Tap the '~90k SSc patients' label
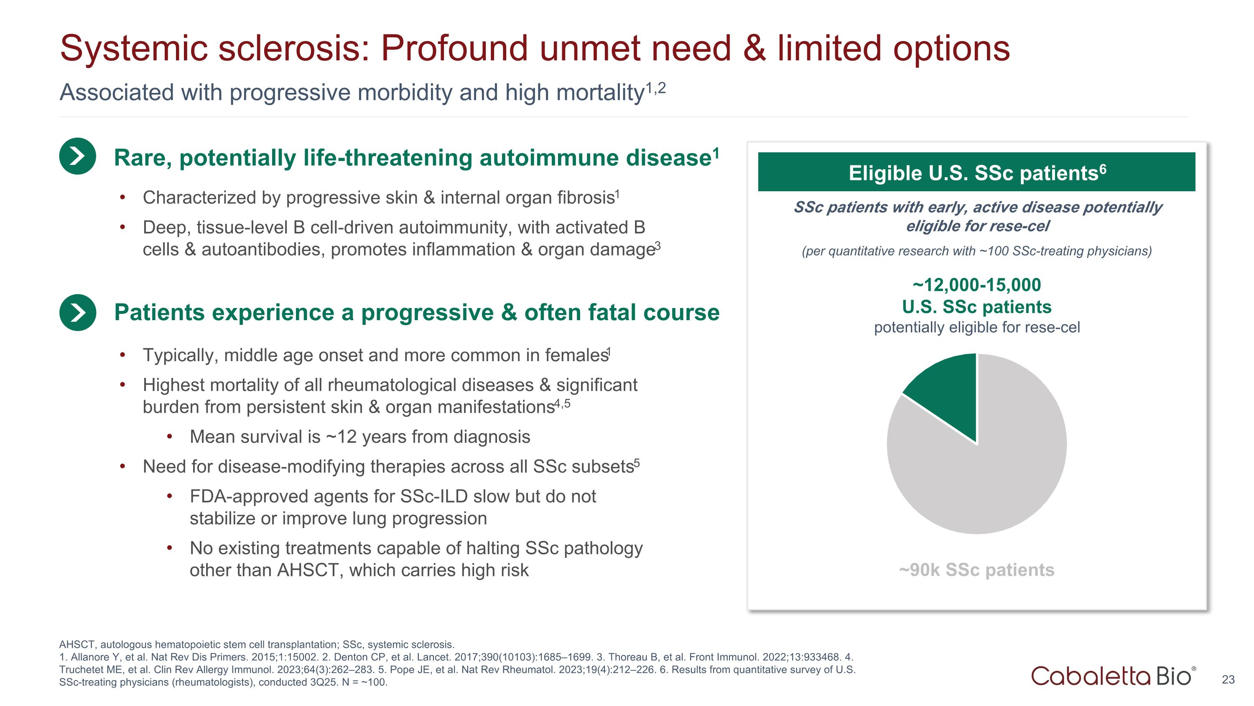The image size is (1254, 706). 976,570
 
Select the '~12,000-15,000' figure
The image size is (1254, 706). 976,285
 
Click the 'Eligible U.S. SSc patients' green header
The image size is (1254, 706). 976,172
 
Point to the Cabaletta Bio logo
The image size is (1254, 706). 1112,676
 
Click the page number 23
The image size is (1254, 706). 1228,680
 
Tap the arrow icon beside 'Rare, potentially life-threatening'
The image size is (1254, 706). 77,157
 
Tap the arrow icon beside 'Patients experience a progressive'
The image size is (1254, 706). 77,312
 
